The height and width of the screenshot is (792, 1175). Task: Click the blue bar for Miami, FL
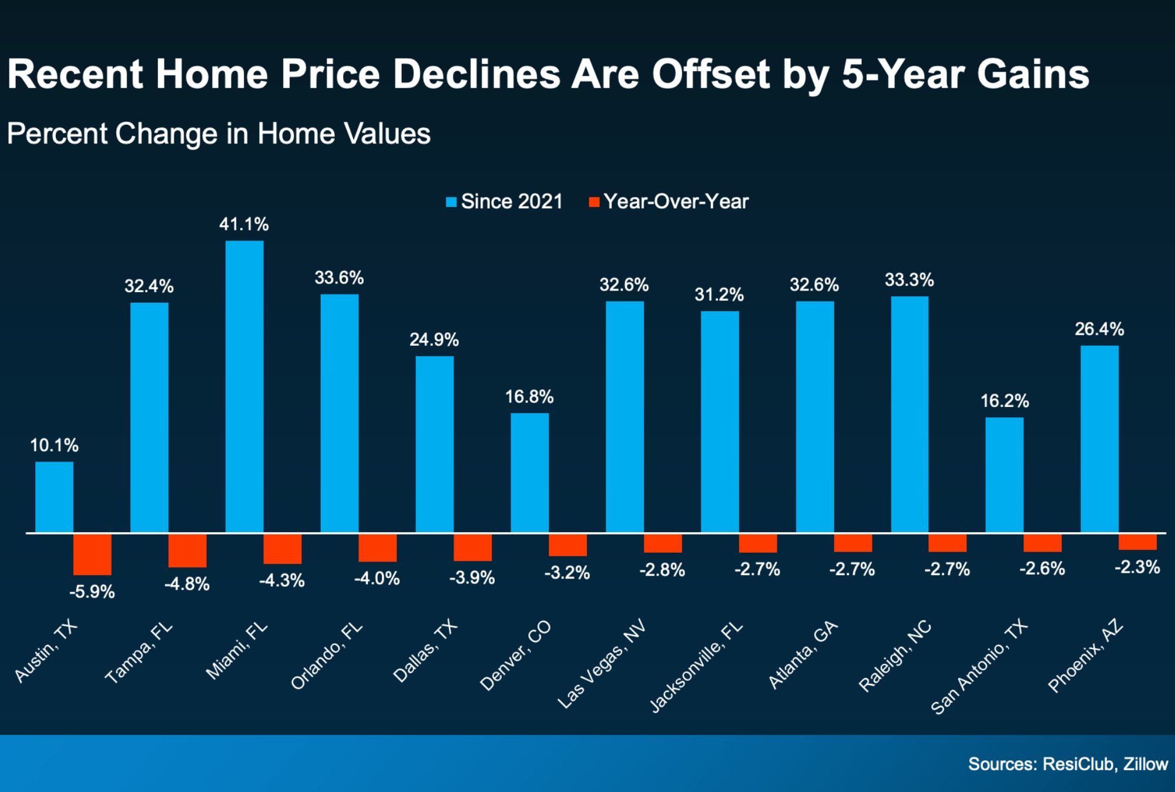tap(244, 386)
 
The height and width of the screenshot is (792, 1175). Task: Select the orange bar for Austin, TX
tap(92, 554)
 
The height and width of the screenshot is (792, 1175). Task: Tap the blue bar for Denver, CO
tap(529, 473)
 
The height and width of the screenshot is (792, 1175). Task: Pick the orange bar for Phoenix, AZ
tap(1137, 542)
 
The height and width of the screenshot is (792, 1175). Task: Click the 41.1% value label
tap(244, 224)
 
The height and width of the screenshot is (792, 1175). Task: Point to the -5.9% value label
tap(92, 592)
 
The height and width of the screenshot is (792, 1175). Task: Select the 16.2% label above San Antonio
tap(1004, 401)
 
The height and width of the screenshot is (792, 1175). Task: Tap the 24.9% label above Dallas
tap(434, 339)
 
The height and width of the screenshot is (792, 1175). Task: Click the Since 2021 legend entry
tap(505, 202)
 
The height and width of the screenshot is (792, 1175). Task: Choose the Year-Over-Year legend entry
tap(669, 202)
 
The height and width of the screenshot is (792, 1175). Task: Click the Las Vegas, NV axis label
tap(602, 663)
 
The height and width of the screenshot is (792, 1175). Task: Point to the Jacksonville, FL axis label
tap(696, 667)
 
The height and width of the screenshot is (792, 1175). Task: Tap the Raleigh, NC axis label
tap(895, 656)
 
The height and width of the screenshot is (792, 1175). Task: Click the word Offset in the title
tap(710, 74)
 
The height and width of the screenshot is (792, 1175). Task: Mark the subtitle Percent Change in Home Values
tap(219, 133)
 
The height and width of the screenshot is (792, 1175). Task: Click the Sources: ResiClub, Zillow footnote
tap(1067, 764)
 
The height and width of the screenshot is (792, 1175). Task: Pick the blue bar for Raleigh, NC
tap(909, 415)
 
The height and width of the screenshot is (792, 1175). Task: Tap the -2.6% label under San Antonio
tap(1042, 569)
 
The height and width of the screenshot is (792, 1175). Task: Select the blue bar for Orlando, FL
tap(340, 413)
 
